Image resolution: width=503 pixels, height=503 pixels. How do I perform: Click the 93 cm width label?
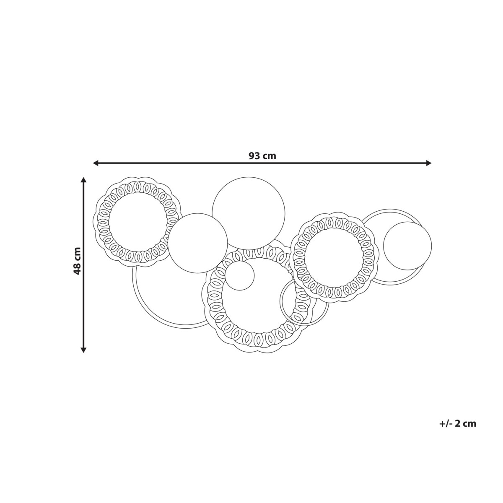click(x=262, y=156)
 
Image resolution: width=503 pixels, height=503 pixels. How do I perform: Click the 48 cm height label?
click(x=78, y=261)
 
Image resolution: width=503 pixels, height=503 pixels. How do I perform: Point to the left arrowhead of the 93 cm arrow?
click(x=96, y=163)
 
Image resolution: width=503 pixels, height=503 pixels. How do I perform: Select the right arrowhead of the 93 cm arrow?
click(x=429, y=163)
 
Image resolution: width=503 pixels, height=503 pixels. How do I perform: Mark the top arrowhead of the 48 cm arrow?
click(x=83, y=180)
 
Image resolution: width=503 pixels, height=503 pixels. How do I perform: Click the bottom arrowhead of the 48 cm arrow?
click(x=83, y=350)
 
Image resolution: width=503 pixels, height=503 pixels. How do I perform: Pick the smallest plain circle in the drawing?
click(x=239, y=276)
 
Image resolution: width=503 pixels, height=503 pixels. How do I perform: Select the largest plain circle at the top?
click(x=249, y=213)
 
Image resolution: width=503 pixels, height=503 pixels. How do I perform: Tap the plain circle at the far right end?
click(x=407, y=246)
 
